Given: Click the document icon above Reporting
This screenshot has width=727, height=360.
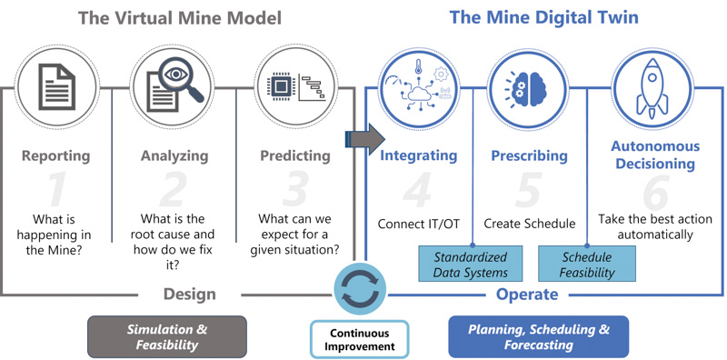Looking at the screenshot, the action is [x=56, y=86].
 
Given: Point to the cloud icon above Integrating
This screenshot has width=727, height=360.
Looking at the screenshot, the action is [x=417, y=95].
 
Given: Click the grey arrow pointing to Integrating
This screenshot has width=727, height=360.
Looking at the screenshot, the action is [x=365, y=139].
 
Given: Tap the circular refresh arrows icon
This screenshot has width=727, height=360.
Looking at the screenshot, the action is [x=360, y=292].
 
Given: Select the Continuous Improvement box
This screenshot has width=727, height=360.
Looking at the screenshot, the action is [x=359, y=340].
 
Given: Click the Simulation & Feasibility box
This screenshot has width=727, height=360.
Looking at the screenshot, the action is [x=167, y=337].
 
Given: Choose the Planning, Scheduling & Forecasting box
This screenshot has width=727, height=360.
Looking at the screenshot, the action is [x=538, y=337].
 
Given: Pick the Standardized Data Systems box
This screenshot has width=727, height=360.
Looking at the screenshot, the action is [x=470, y=264].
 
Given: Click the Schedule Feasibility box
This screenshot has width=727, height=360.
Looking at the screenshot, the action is [x=586, y=264].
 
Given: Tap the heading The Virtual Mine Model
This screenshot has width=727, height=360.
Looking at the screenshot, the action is [x=179, y=18].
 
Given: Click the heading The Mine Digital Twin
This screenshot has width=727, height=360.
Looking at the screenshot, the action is [x=543, y=17].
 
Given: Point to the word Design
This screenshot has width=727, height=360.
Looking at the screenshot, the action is [x=189, y=295].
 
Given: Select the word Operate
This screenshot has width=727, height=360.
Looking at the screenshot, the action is [x=527, y=295].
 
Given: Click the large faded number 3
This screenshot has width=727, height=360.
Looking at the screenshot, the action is [x=294, y=190].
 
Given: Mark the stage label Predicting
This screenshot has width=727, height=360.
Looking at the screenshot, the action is [x=295, y=155].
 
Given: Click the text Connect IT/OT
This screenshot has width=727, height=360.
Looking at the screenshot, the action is [x=419, y=224].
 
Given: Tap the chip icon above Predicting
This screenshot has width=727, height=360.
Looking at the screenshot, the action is [x=282, y=86].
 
